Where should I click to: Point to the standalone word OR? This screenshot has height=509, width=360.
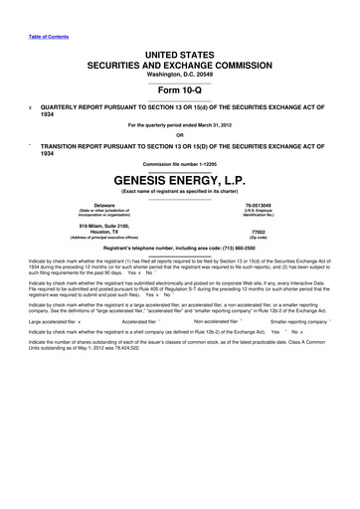coord(180,136)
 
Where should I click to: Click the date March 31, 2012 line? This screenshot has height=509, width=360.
coord(180,125)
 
